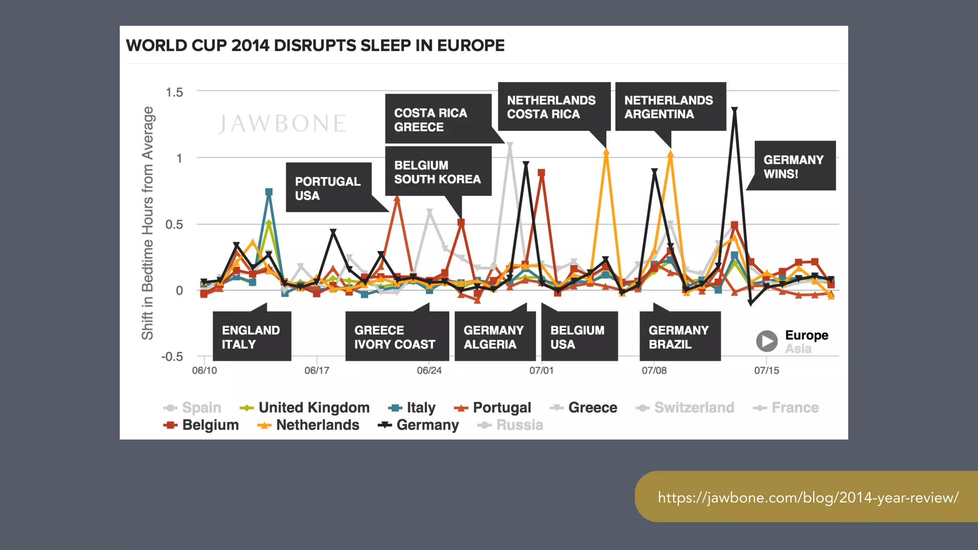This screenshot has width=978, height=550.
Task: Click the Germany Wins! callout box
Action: click(x=793, y=166)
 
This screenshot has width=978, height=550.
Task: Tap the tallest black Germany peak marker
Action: click(x=734, y=110)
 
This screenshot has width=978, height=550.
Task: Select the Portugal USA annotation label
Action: click(x=328, y=188)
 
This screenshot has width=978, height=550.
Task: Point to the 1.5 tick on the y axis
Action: click(x=174, y=92)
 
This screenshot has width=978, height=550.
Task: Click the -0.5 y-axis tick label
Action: click(x=172, y=357)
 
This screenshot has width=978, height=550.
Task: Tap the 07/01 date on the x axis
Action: click(x=542, y=370)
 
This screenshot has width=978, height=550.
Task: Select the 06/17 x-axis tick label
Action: click(x=317, y=370)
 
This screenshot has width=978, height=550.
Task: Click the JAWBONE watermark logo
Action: click(x=282, y=124)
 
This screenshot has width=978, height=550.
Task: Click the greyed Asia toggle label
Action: click(x=798, y=349)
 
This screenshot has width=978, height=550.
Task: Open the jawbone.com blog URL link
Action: click(x=808, y=497)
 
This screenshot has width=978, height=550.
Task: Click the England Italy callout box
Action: click(x=251, y=337)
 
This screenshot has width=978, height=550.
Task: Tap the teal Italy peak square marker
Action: click(x=269, y=192)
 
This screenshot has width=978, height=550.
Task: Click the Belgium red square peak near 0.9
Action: click(x=541, y=173)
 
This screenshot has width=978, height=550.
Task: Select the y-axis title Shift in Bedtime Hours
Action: click(x=148, y=223)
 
